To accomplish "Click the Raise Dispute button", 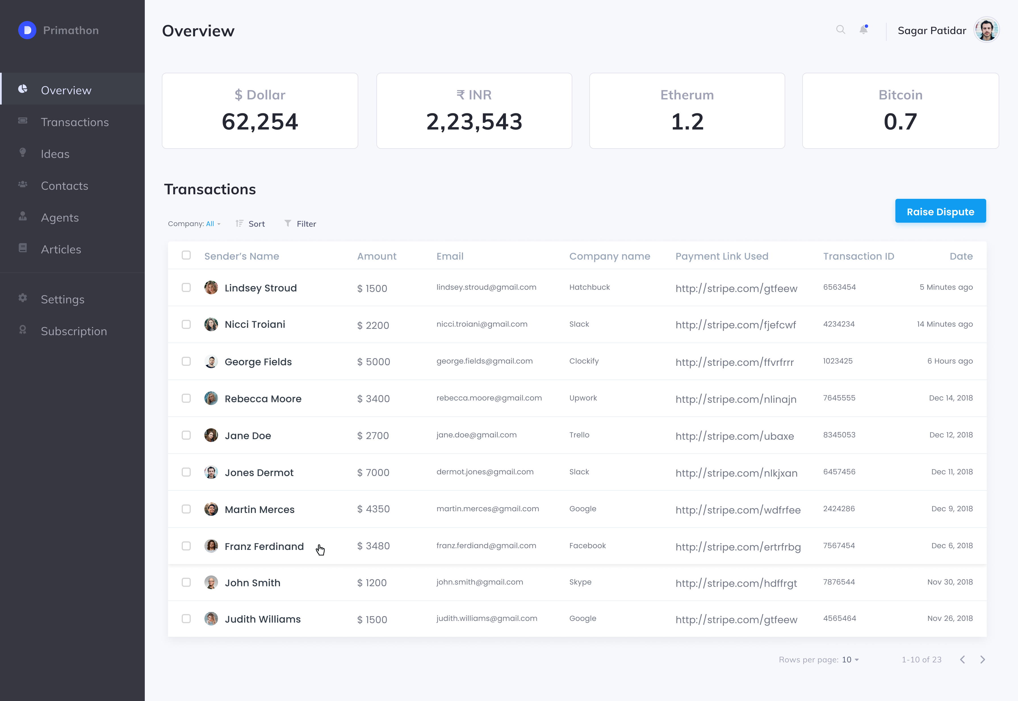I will (x=940, y=211).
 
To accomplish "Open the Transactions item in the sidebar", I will (x=75, y=122).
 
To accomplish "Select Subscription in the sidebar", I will (x=74, y=331).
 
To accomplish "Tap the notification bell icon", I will (x=863, y=30).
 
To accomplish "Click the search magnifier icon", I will (x=840, y=30).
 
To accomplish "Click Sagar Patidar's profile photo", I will (x=986, y=30).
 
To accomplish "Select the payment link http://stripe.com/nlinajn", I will (x=736, y=399).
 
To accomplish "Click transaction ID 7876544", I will (x=839, y=582).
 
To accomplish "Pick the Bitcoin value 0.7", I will (x=900, y=122).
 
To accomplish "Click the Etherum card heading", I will (x=687, y=95).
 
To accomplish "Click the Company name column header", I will (x=609, y=256).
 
